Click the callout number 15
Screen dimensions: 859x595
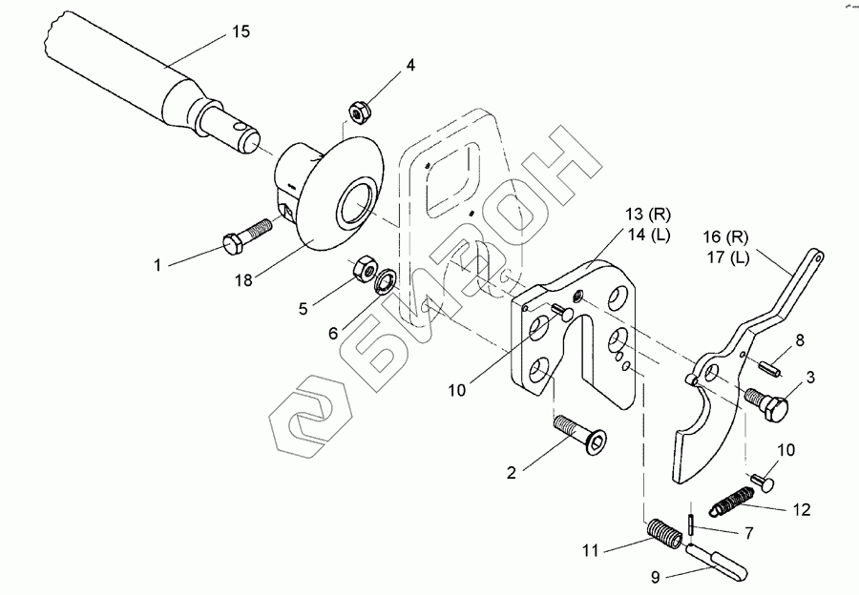[x=241, y=31]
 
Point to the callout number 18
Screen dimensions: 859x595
[x=243, y=279]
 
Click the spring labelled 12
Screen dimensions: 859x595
[x=736, y=497]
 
